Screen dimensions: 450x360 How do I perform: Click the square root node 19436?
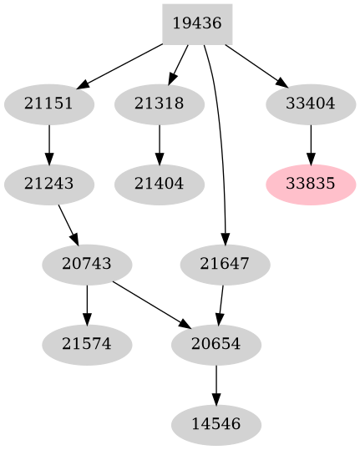[196, 23]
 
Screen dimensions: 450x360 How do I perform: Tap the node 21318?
[159, 104]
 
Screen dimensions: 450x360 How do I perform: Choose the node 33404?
[311, 104]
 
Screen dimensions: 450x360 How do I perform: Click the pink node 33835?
[311, 184]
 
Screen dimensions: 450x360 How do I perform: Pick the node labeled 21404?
[159, 184]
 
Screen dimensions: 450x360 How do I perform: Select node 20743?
[87, 265]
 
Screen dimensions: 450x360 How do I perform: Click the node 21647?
[225, 265]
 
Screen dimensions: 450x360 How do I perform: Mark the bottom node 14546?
[216, 424]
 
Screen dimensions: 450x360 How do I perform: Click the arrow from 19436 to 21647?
[222, 142]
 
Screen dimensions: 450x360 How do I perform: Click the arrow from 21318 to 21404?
[159, 144]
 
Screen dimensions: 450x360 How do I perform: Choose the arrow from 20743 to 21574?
[87, 304]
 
